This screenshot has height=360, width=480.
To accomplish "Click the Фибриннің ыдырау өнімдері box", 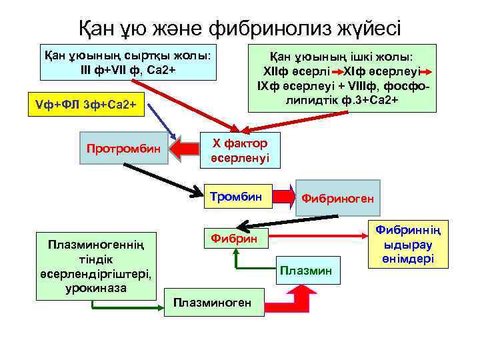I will [409, 244].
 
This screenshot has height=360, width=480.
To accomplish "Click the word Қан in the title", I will [95, 28].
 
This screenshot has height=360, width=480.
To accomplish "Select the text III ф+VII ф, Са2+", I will [127, 67].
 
